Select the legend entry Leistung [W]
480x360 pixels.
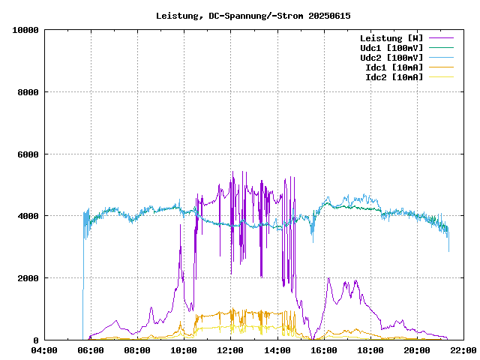coord(391,38)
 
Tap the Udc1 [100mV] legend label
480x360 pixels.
coord(391,48)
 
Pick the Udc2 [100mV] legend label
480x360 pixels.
coord(391,58)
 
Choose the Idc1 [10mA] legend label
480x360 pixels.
coord(394,67)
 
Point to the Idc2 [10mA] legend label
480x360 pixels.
coord(394,77)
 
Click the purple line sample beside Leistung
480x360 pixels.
coord(440,38)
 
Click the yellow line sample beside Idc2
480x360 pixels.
coord(440,77)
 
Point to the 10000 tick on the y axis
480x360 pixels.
coord(25,30)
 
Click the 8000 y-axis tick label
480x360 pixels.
coord(28,92)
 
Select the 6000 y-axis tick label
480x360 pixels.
coord(28,154)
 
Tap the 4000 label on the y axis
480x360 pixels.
coord(28,216)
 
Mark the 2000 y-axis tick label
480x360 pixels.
coord(28,278)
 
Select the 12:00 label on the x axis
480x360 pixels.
coord(231,350)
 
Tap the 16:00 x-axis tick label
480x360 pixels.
coord(324,350)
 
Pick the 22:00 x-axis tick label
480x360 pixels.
coord(463,350)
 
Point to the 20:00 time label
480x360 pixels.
coord(417,350)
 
